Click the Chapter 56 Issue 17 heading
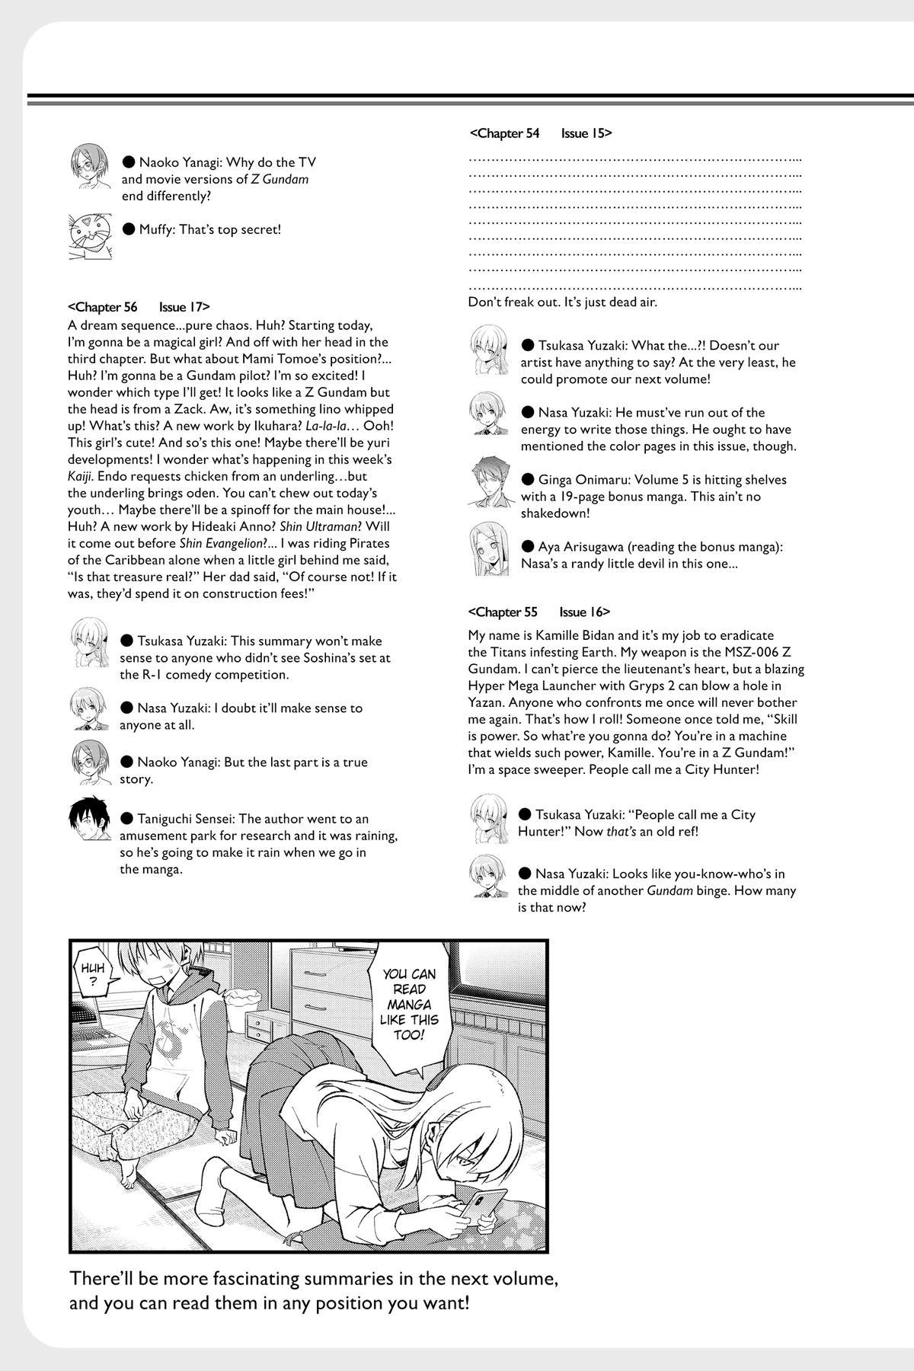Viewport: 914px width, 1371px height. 139,307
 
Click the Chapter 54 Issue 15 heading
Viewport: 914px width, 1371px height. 541,133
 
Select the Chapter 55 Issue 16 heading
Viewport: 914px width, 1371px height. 539,612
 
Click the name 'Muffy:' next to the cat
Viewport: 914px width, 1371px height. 158,229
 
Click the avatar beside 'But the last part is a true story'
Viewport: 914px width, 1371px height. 90,762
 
